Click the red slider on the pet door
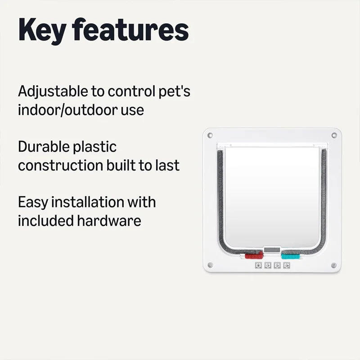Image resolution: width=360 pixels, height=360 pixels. [251, 256]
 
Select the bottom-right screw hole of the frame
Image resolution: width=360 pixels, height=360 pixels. [333, 265]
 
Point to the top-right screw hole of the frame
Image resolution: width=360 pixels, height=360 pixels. [333, 135]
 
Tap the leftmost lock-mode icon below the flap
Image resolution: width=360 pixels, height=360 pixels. [258, 266]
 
